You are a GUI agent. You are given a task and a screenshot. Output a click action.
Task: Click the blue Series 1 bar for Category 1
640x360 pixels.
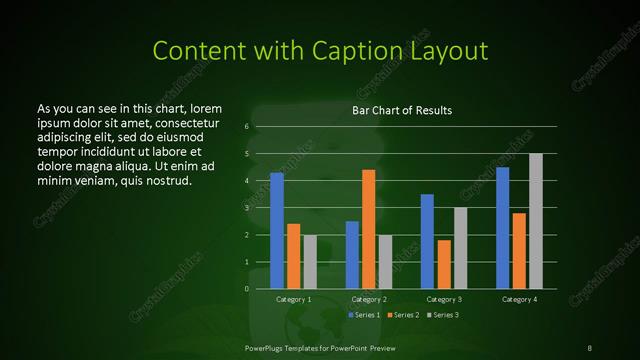pyautogui.click(x=277, y=230)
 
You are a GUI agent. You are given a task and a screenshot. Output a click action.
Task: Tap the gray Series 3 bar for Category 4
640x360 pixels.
pyautogui.click(x=536, y=221)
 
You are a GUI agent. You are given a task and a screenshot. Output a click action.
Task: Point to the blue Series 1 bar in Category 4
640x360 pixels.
pyautogui.click(x=503, y=228)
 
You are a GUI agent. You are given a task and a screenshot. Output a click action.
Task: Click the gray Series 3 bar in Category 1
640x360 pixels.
pyautogui.click(x=310, y=262)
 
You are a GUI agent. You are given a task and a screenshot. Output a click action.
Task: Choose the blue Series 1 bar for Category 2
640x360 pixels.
pyautogui.click(x=352, y=255)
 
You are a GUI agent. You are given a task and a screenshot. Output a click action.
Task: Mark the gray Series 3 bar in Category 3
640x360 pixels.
pyautogui.click(x=461, y=248)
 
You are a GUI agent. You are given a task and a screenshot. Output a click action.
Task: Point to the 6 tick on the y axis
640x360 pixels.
pyautogui.click(x=247, y=127)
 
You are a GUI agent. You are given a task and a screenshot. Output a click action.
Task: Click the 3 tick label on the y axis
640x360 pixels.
pyautogui.click(x=247, y=208)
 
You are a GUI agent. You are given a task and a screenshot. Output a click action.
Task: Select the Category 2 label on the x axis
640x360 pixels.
pyautogui.click(x=369, y=299)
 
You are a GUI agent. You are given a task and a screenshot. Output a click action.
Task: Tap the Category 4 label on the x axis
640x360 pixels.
pyautogui.click(x=519, y=299)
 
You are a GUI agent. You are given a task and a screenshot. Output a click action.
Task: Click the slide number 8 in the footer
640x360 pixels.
pyautogui.click(x=590, y=347)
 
